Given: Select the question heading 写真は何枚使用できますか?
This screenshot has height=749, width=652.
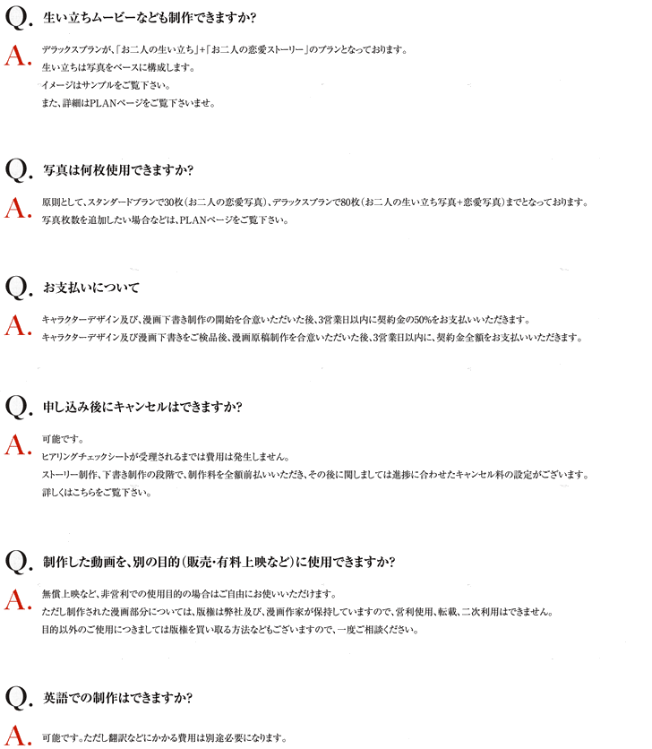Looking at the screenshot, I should (x=118, y=170).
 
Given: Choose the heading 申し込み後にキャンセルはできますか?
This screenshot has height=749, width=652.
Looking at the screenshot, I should (x=142, y=407).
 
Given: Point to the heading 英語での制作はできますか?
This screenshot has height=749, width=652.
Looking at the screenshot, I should (x=118, y=697).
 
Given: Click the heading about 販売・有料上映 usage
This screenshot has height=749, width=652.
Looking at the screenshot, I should (x=219, y=563).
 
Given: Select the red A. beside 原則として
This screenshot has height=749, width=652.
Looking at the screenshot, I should (x=18, y=208).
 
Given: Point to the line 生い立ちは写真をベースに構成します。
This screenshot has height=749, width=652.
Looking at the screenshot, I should (x=117, y=67).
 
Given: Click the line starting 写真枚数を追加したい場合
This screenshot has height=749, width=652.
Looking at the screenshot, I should (x=166, y=220).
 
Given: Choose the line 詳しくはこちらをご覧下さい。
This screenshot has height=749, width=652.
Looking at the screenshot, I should (x=98, y=492).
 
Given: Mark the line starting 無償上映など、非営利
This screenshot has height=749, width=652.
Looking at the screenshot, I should (x=188, y=595).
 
